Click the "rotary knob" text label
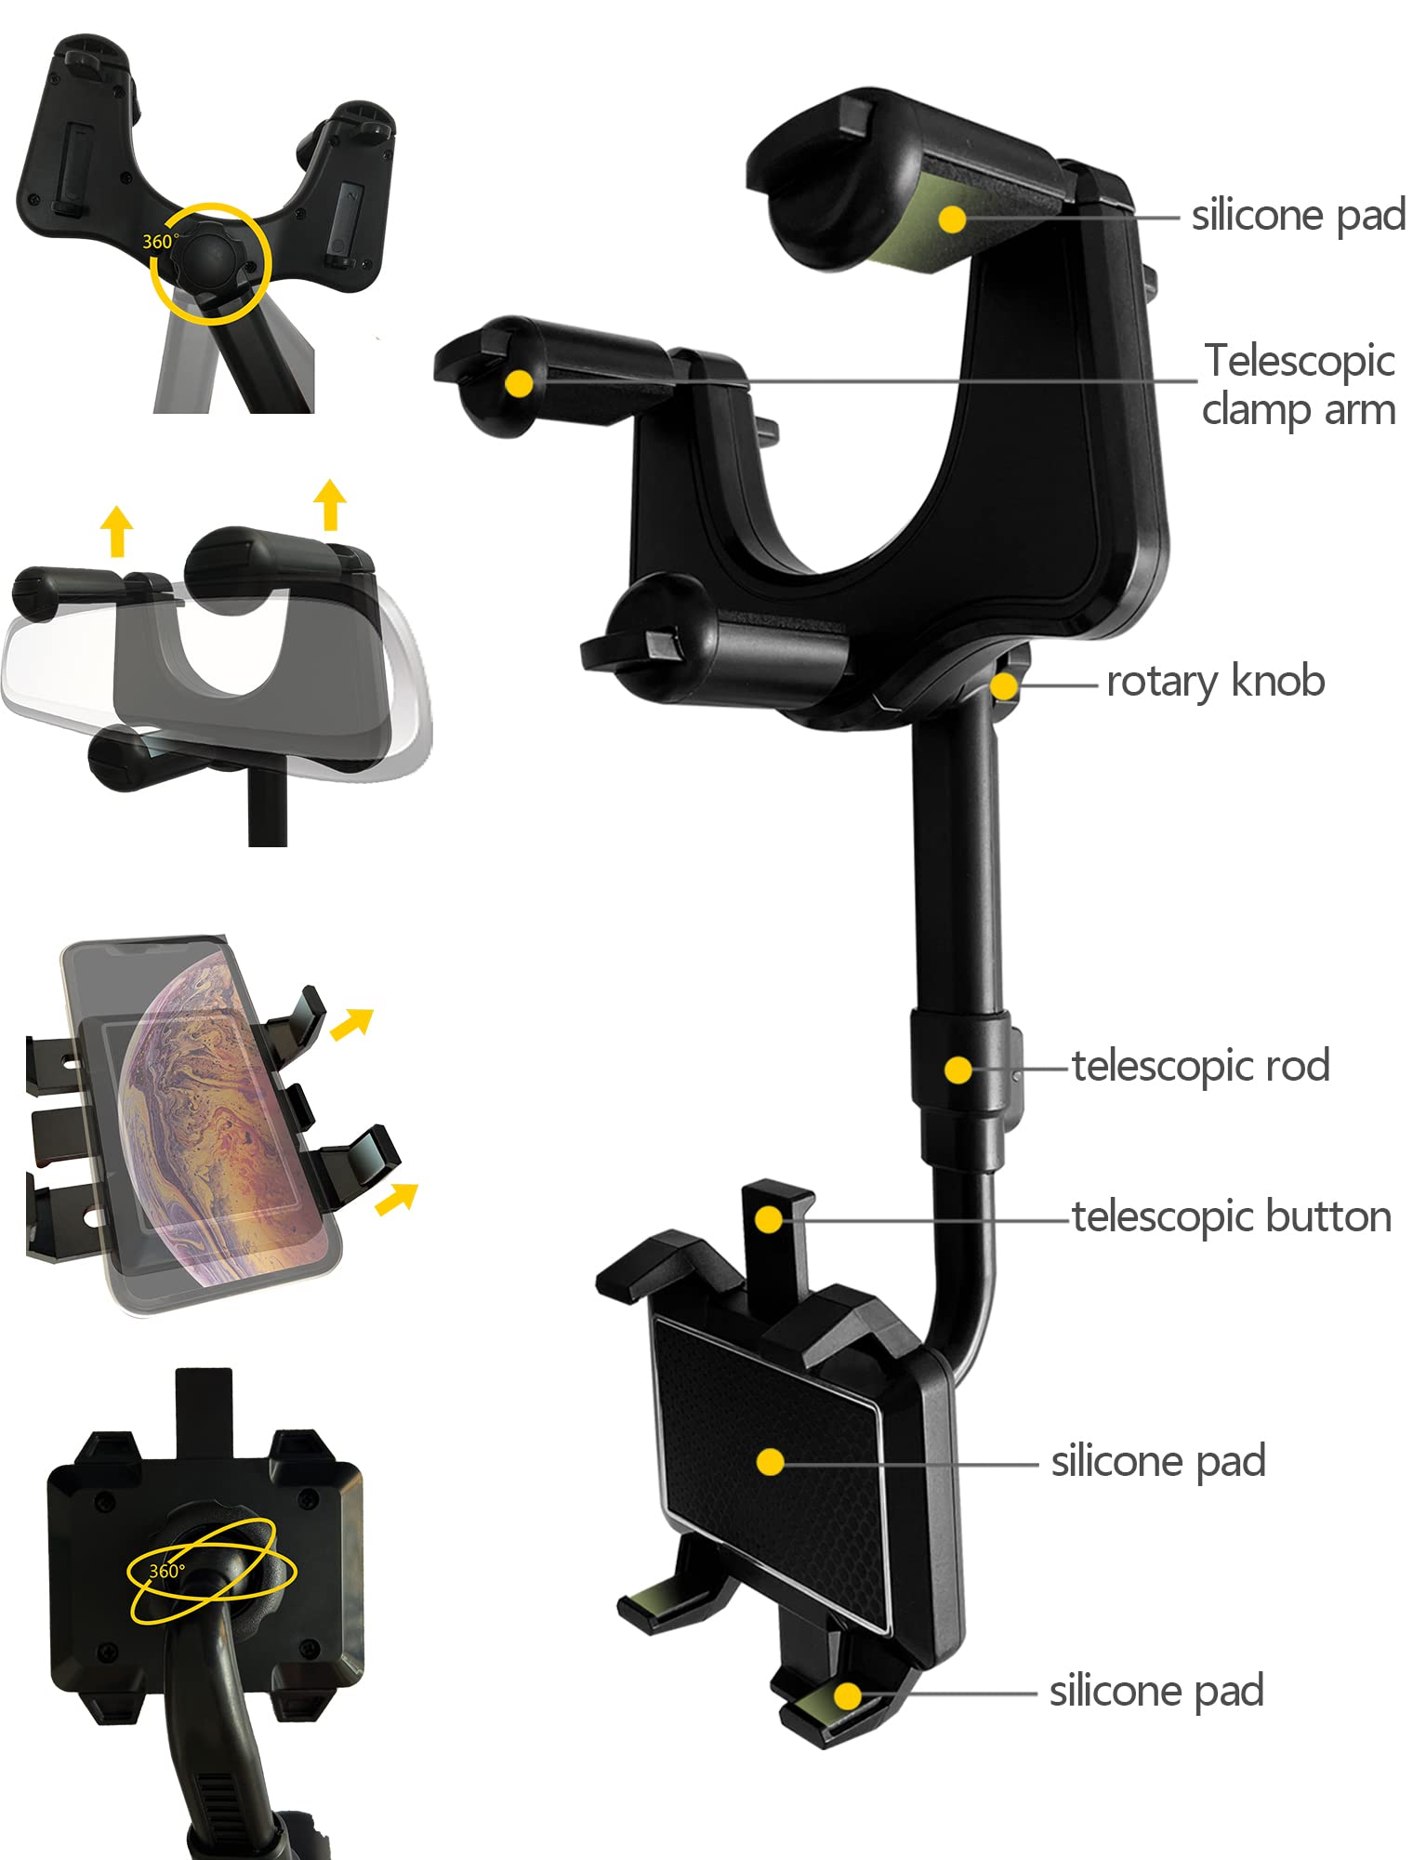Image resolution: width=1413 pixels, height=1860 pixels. pyautogui.click(x=1215, y=682)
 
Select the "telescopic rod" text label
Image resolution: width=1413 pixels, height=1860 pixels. pyautogui.click(x=1200, y=1066)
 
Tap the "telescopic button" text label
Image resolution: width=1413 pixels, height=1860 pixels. pyautogui.click(x=1232, y=1216)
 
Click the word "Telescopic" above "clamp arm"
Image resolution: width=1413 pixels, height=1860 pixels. pyautogui.click(x=1300, y=361)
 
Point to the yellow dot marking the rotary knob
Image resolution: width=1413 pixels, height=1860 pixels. pyautogui.click(x=1003, y=687)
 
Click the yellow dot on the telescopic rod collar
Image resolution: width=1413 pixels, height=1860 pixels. pyautogui.click(x=958, y=1069)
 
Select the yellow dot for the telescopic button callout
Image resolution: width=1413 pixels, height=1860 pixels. pyautogui.click(x=769, y=1219)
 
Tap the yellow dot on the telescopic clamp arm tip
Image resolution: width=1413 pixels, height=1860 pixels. pyautogui.click(x=520, y=383)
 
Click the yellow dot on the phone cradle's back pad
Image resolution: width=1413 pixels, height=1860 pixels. pyautogui.click(x=770, y=1462)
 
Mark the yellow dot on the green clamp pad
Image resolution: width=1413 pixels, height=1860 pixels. pyautogui.click(x=952, y=219)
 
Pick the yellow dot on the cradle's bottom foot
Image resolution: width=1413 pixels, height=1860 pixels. pyautogui.click(x=847, y=1696)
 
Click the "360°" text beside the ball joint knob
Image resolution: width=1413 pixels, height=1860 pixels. pyautogui.click(x=160, y=242)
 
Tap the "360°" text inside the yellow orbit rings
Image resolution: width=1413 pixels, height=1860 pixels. pyautogui.click(x=167, y=1571)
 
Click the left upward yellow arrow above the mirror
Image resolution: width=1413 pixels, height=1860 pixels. pyautogui.click(x=116, y=531)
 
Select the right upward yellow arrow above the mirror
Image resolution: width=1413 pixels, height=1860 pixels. pyautogui.click(x=329, y=505)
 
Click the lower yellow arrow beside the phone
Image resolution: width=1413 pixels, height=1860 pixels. pyautogui.click(x=397, y=1199)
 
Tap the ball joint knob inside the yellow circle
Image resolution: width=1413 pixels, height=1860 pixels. pyautogui.click(x=209, y=261)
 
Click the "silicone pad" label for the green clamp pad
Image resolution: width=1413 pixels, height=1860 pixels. pyautogui.click(x=1299, y=216)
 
